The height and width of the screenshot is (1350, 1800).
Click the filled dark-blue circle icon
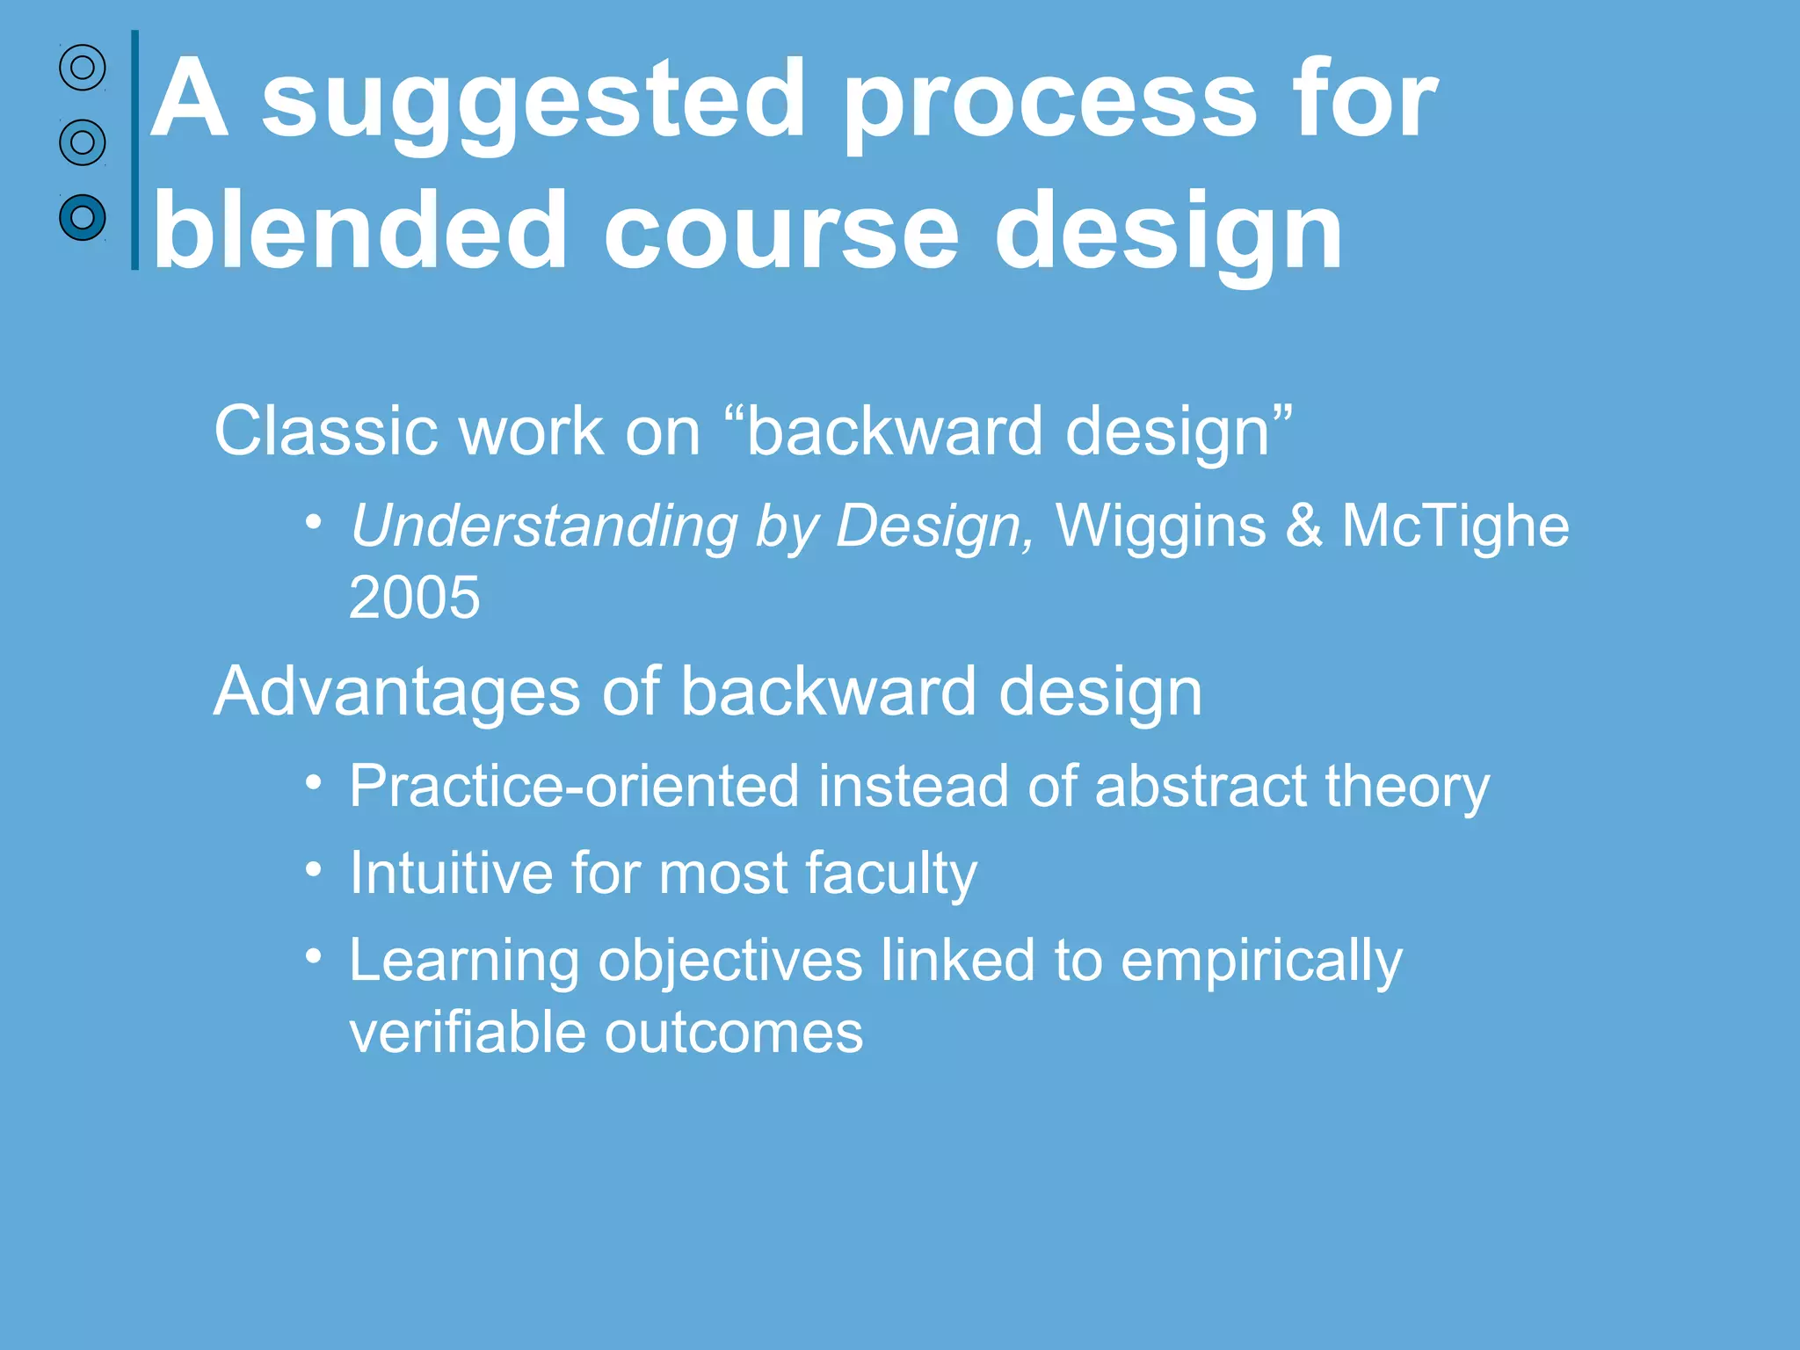[83, 217]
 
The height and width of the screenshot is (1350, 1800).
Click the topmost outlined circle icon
[83, 68]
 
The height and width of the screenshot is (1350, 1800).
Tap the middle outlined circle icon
[83, 142]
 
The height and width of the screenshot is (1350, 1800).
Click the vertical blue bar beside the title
[134, 149]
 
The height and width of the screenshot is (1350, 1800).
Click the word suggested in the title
[533, 101]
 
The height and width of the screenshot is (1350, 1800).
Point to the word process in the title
[1049, 101]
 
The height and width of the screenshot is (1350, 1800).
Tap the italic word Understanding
[544, 526]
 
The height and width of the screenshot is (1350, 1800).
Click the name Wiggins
[1160, 526]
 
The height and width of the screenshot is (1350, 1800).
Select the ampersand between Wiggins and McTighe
[1303, 526]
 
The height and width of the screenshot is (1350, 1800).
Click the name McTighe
[1455, 526]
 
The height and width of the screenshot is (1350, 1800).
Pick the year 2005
[414, 598]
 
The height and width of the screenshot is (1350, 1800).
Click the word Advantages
[396, 691]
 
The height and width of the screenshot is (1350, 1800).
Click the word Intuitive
[451, 873]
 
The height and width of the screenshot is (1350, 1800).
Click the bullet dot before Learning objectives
[314, 956]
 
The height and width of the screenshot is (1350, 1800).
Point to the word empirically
[1261, 961]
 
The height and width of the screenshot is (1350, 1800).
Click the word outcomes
[734, 1032]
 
